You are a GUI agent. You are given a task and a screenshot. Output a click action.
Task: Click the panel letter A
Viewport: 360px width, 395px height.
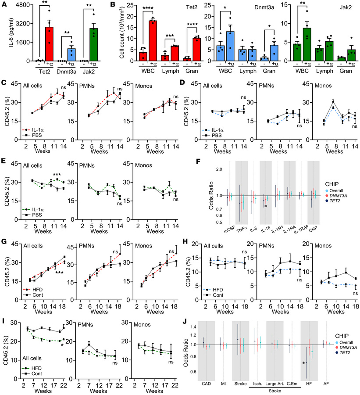4,4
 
